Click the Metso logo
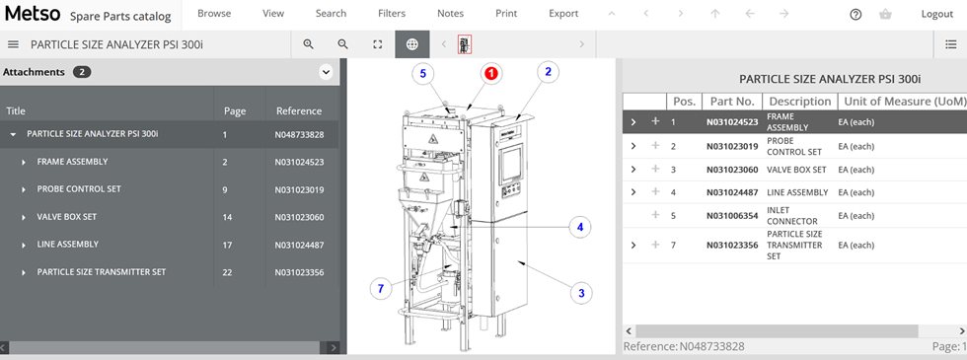coord(32,15)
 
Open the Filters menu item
coord(391,14)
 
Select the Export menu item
coord(563,14)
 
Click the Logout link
coord(936,14)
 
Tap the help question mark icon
coord(855,15)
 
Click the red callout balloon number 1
coord(490,73)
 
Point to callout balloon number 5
coord(423,73)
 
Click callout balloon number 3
coord(581,292)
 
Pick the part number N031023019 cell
coord(731,146)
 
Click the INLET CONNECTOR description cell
coord(793,215)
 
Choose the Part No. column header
coord(731,102)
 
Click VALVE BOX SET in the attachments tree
coord(67,217)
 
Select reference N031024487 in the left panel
coord(299,245)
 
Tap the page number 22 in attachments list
coord(228,272)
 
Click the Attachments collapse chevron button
coord(325,72)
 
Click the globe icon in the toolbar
coord(411,44)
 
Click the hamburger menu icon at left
coord(13,44)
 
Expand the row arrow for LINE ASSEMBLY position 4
coord(633,192)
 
